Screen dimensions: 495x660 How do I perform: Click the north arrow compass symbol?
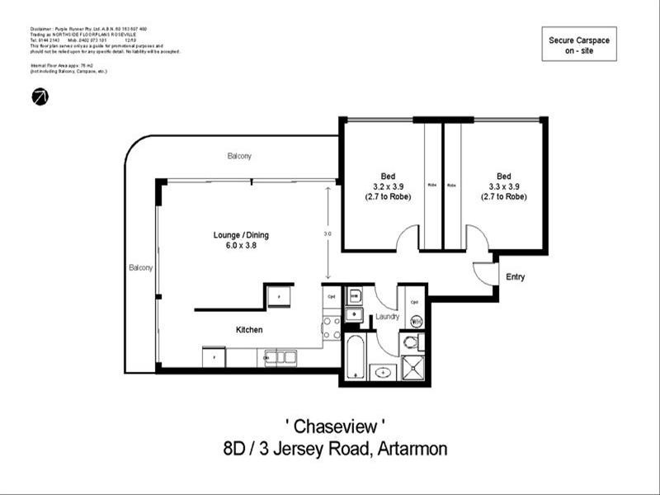(40, 97)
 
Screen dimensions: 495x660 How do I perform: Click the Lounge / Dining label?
(241, 235)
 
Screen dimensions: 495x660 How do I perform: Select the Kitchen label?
(249, 330)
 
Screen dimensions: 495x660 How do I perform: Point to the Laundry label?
(387, 317)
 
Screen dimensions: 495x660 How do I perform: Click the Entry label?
(515, 277)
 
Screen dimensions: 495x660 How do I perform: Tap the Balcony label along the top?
(239, 156)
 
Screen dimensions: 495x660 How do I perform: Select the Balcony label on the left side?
(139, 268)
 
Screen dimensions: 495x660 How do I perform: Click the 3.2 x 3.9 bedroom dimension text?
(388, 186)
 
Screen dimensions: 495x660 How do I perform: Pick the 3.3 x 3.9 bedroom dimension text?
(503, 186)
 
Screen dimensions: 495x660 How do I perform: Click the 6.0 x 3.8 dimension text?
(241, 245)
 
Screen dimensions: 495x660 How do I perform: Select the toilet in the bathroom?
(410, 342)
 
